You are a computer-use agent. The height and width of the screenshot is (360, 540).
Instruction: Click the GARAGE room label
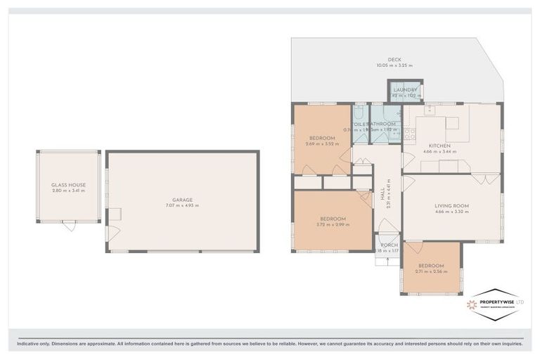tap(182, 199)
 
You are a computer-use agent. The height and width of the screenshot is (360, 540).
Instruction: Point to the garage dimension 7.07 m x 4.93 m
tap(182, 205)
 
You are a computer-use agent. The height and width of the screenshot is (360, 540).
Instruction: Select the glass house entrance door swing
tap(68, 226)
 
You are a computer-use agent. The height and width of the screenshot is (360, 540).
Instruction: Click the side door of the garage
tap(113, 233)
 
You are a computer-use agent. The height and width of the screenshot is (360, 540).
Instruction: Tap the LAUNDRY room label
tap(406, 90)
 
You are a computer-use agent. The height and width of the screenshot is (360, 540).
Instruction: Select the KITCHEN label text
tap(441, 145)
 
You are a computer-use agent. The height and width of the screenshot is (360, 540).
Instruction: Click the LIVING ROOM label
tap(451, 206)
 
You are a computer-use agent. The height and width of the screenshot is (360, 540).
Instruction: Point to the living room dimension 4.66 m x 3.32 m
tap(451, 212)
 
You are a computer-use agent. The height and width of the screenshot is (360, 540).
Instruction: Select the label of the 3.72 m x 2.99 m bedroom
tap(332, 219)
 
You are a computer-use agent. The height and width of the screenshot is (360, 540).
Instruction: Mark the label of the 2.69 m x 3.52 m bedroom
tap(322, 138)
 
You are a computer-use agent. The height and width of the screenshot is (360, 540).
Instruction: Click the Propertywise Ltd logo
tap(495, 303)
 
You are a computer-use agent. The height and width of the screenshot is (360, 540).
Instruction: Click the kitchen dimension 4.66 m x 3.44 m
tap(441, 151)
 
